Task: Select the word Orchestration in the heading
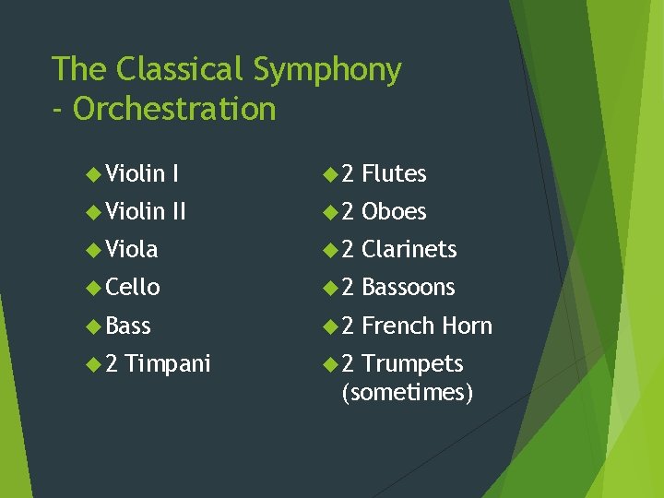(174, 109)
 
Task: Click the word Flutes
(394, 173)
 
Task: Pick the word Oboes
(394, 211)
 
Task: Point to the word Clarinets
(409, 249)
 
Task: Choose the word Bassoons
(409, 287)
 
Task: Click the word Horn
(467, 326)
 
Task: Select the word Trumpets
(412, 363)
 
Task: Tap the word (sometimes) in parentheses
(407, 393)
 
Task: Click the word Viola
(132, 249)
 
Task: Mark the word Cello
(133, 287)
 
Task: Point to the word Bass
(128, 326)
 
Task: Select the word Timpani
(168, 364)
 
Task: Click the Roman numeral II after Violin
(179, 211)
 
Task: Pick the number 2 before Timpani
(112, 363)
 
